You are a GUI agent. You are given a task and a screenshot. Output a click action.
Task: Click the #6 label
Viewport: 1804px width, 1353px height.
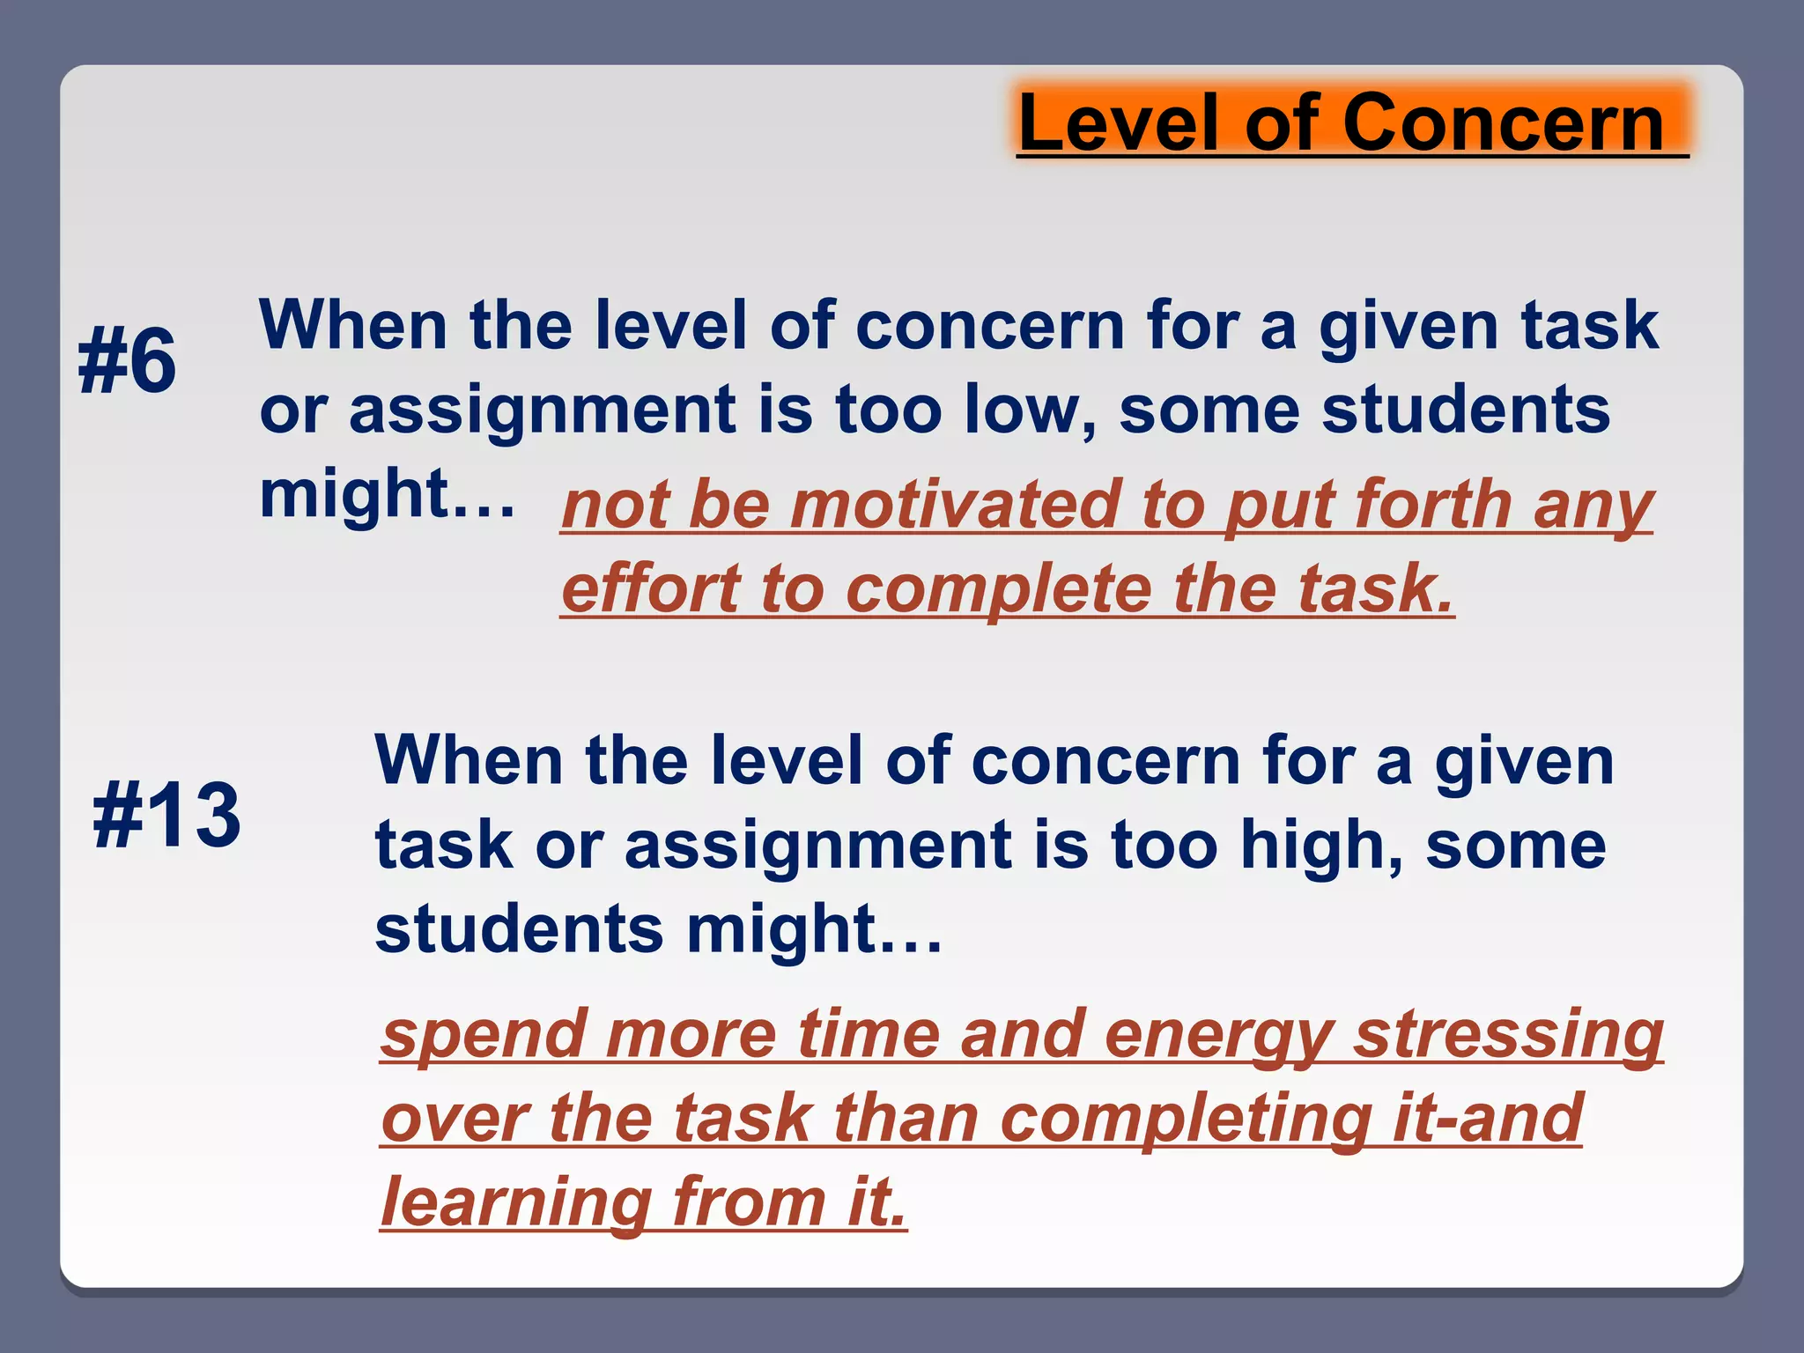coord(127,361)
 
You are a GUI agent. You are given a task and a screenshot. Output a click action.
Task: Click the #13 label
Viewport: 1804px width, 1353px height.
coord(166,816)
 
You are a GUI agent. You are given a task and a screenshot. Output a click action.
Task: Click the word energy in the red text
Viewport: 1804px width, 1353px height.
coord(1219,1035)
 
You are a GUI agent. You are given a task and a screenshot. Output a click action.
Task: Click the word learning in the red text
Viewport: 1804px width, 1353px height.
coord(516,1202)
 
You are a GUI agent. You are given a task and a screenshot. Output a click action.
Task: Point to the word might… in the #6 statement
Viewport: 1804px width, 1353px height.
coord(387,494)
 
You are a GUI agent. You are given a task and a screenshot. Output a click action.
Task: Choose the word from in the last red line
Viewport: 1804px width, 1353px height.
coord(749,1202)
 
